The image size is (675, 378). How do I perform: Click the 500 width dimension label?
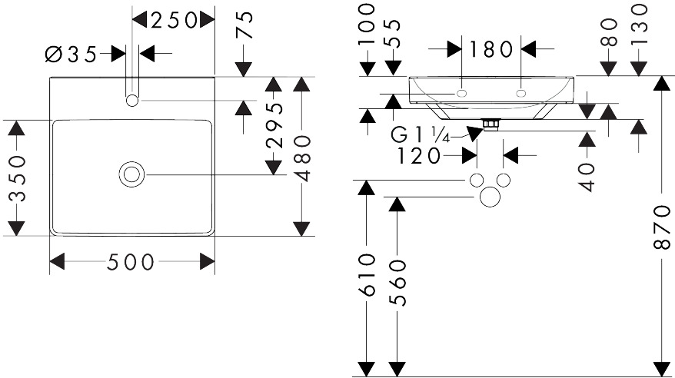(130, 262)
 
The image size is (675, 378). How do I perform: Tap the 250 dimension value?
(174, 20)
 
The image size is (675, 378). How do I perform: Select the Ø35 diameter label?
(71, 55)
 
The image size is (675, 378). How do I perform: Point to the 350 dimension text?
(18, 178)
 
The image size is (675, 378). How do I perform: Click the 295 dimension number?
(275, 125)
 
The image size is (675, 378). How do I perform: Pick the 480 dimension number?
(302, 157)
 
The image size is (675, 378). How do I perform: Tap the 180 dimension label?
(490, 49)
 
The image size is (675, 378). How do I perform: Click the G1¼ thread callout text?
(421, 135)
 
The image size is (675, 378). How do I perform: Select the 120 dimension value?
(419, 156)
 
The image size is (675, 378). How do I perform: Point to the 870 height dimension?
(662, 227)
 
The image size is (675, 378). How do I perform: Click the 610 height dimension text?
(367, 275)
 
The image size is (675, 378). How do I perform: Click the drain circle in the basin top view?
(131, 174)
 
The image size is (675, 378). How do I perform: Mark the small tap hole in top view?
(132, 101)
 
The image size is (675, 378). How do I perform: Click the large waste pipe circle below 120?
(490, 197)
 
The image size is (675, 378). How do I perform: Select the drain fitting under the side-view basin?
(490, 124)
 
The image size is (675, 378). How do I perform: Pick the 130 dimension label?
(640, 18)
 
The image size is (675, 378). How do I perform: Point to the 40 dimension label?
(587, 177)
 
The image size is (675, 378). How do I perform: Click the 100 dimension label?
(367, 24)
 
